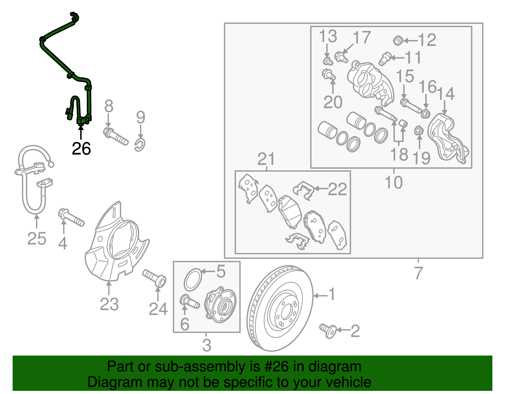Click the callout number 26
point(81,149)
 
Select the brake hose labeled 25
point(33,183)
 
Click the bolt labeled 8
point(115,136)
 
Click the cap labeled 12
point(398,40)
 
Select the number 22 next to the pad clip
point(337,189)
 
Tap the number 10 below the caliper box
point(394,182)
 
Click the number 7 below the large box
point(418,273)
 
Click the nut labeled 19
point(419,130)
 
